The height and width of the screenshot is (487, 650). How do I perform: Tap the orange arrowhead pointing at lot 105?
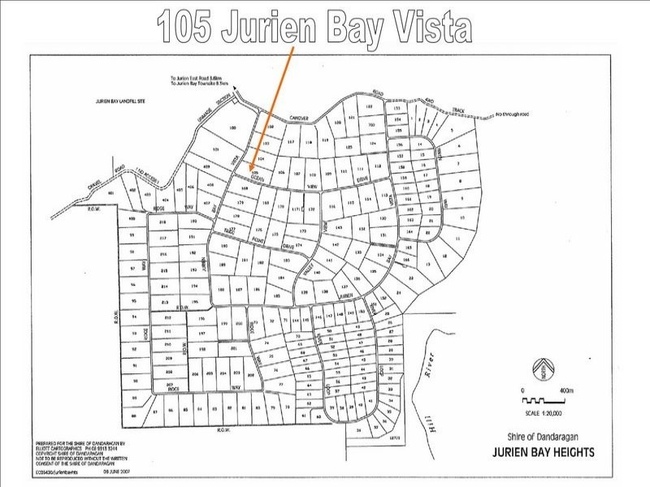(253, 166)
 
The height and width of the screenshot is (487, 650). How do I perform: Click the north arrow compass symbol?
(539, 369)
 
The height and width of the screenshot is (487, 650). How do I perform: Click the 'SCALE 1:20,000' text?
(540, 413)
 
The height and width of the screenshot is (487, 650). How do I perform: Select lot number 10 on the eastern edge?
(463, 218)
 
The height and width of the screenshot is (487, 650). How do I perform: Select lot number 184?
(280, 278)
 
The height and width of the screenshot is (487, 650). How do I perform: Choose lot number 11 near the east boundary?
(457, 239)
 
